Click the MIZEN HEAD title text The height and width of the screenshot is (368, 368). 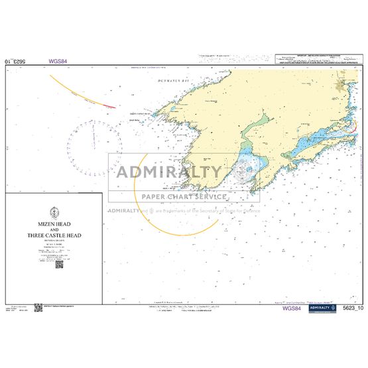pyautogui.click(x=54, y=225)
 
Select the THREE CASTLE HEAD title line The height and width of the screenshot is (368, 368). pyautogui.click(x=54, y=235)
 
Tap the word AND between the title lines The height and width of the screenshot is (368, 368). pyautogui.click(x=54, y=230)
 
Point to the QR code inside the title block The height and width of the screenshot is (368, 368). pyautogui.click(x=58, y=264)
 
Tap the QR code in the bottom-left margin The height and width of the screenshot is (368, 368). pyautogui.click(x=38, y=307)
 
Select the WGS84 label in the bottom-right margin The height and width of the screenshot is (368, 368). pyautogui.click(x=292, y=308)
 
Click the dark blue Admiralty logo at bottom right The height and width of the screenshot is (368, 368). pyautogui.click(x=322, y=308)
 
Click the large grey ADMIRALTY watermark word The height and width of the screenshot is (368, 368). pyautogui.click(x=170, y=172)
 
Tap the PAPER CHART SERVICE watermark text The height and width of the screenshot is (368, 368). pyautogui.click(x=184, y=196)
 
